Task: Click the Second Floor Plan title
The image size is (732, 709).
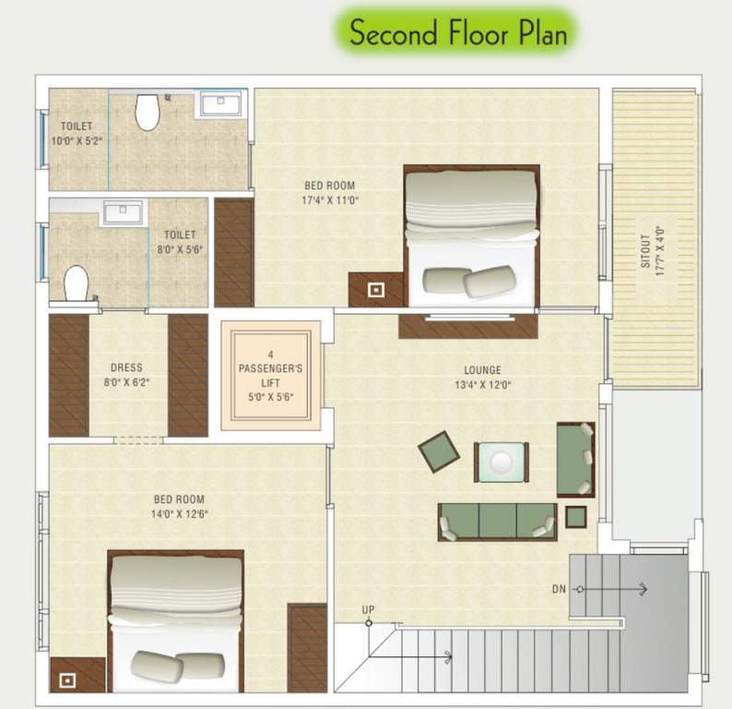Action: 458,34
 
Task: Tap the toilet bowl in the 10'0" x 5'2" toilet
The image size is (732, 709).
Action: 148,112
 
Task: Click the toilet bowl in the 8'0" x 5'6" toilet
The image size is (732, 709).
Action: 76,282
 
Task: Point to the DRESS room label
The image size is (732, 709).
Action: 126,367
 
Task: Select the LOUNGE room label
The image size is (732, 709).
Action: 471,368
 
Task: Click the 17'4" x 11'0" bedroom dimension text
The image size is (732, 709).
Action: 329,199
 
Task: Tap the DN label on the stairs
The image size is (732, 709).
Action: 559,588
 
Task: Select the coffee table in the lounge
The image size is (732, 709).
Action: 502,462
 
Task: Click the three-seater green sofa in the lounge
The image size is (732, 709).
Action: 497,522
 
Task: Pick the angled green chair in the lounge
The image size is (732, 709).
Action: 439,451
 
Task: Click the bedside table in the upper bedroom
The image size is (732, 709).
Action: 375,290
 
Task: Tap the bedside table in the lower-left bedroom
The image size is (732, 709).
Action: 66,679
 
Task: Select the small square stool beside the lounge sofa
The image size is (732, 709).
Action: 575,517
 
